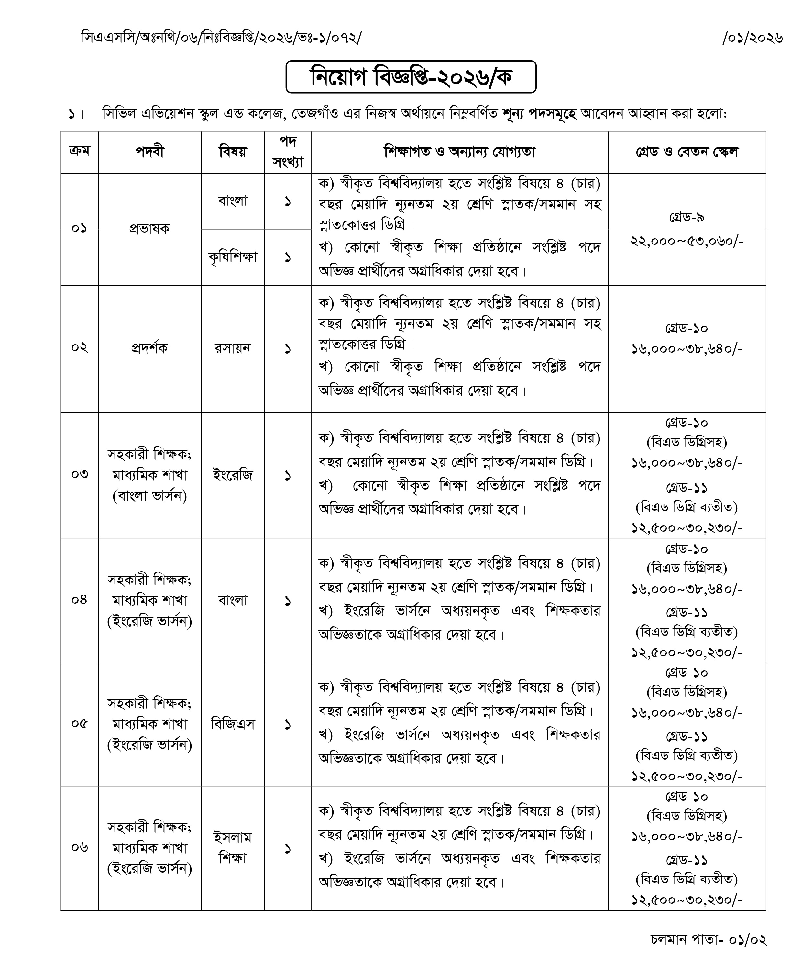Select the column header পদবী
(149, 152)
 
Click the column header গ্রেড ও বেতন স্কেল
(687, 152)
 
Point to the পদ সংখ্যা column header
(288, 152)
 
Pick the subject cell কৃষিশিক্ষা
(233, 257)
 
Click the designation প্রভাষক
(149, 228)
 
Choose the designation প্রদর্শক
(149, 348)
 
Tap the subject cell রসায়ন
(233, 348)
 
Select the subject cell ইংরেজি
(233, 475)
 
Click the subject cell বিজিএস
(233, 724)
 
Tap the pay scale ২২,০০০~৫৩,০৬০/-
(687, 241)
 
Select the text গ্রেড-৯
(687, 217)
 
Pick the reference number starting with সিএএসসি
(221, 38)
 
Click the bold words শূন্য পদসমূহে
(540, 114)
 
